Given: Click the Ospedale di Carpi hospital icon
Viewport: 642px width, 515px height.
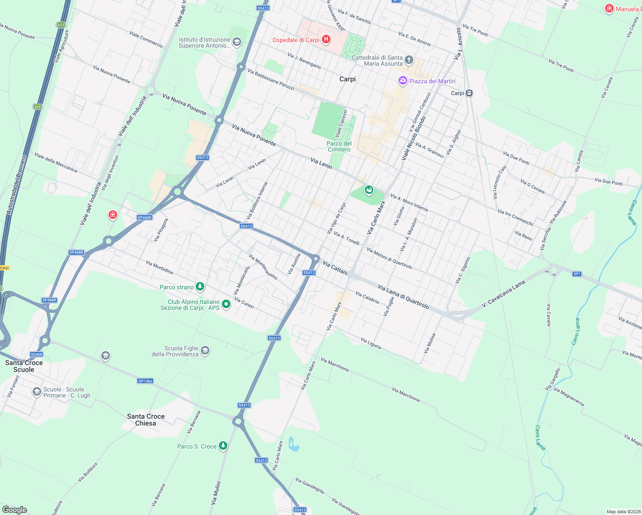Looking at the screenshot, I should point(326,40).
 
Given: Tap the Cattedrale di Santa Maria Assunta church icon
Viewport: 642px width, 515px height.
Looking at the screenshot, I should point(409,60).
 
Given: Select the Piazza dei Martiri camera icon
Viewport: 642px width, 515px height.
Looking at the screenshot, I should point(403,81).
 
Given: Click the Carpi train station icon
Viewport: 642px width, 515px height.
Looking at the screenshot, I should point(469,93).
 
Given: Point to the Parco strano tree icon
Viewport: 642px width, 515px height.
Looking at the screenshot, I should point(200,286).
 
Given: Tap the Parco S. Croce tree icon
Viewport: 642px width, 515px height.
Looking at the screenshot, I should point(223,446).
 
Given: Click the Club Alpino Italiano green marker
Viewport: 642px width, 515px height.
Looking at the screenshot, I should point(226,304).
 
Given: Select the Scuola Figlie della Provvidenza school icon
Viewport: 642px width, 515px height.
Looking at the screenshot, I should point(205,351).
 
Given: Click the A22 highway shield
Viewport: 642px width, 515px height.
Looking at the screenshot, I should point(61,25).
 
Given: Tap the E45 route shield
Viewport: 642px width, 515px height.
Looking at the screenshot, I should point(38,106).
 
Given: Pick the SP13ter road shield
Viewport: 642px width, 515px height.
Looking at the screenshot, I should point(145,381).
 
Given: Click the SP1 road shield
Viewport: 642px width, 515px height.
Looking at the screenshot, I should point(577,274).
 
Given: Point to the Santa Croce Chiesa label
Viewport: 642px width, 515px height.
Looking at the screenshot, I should point(146,420).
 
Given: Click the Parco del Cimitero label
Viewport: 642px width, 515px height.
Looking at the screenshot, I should point(339,146).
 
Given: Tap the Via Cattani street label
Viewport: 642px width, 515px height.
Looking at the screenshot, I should point(335,267).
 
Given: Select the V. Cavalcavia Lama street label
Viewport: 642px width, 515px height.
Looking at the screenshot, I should point(503,294).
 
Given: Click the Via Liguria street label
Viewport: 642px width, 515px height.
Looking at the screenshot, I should point(371,343).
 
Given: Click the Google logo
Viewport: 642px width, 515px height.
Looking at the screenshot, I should point(14,509).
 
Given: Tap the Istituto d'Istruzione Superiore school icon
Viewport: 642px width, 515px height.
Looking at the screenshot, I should point(237,42).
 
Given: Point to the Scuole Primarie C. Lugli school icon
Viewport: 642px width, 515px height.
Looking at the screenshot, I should point(37,392).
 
